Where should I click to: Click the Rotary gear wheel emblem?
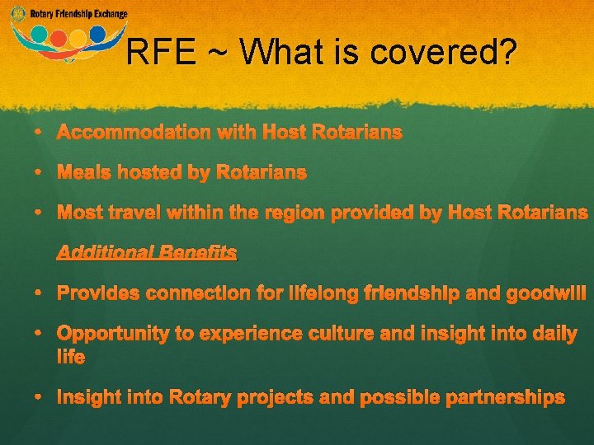[18, 14]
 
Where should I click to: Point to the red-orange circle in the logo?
[59, 38]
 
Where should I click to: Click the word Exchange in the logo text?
[111, 14]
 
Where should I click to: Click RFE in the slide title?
[162, 54]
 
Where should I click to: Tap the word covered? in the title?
[444, 54]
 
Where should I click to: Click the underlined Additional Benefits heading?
[147, 253]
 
